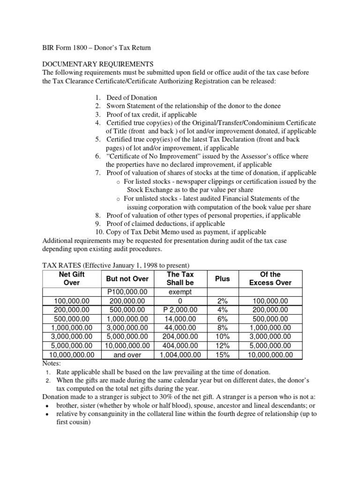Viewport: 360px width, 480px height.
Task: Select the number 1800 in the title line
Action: pyautogui.click(x=77, y=48)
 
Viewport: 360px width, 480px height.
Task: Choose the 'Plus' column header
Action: pyautogui.click(x=222, y=278)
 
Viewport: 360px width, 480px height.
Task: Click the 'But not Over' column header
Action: pyautogui.click(x=127, y=278)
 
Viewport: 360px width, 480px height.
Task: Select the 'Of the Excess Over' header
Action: pyautogui.click(x=270, y=278)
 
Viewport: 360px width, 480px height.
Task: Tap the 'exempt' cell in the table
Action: pyautogui.click(x=180, y=292)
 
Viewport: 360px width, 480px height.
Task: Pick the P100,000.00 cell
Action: pyautogui.click(x=127, y=292)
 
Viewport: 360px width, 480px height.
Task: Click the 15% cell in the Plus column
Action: pyautogui.click(x=222, y=355)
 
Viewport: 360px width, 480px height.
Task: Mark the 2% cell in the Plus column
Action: pyautogui.click(x=222, y=300)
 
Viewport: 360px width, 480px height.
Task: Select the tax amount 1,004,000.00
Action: pyautogui.click(x=180, y=355)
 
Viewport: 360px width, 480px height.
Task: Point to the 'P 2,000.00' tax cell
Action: pyautogui.click(x=180, y=310)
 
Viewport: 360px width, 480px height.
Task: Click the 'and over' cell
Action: pyautogui.click(x=127, y=355)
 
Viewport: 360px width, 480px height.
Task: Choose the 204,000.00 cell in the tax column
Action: pyautogui.click(x=180, y=337)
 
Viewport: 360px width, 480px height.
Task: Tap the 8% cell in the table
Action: pyautogui.click(x=222, y=328)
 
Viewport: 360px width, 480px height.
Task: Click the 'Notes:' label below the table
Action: pyautogui.click(x=52, y=363)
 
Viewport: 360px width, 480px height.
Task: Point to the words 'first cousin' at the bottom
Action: pyautogui.click(x=72, y=421)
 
